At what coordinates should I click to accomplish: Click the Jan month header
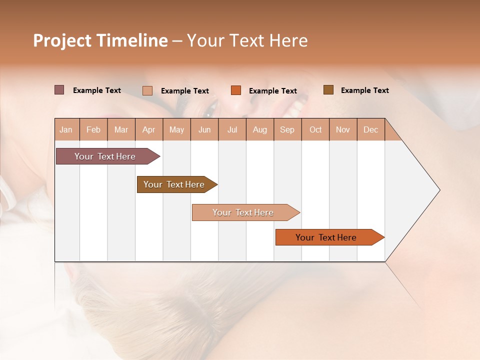66,129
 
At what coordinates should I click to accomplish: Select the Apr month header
148,129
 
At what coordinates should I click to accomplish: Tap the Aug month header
259,129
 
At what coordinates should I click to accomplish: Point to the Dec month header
370,129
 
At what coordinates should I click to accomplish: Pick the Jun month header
204,129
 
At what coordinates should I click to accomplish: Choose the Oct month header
315,129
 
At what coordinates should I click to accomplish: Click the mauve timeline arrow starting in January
105,156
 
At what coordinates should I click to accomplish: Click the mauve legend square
59,90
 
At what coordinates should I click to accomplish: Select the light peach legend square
147,90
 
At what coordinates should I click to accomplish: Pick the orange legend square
235,90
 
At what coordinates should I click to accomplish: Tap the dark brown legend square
328,90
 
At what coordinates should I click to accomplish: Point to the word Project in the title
61,40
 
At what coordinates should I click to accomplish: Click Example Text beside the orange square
272,91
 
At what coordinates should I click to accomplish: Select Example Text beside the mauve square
96,90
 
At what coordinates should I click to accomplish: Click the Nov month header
342,129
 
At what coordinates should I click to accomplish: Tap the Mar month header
121,129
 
